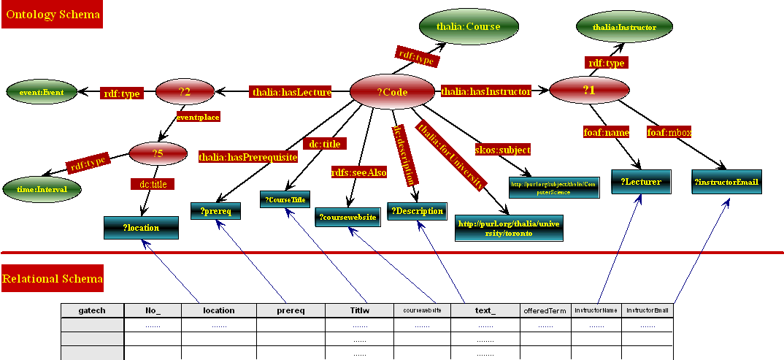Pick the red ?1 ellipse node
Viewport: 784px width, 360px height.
[589, 90]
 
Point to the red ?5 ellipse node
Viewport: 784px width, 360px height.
[158, 153]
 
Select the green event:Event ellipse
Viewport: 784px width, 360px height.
[42, 93]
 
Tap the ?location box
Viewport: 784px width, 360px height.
[142, 228]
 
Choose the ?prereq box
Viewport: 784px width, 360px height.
[215, 211]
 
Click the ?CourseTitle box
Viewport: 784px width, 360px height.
[285, 199]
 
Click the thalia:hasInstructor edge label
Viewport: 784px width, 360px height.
[485, 91]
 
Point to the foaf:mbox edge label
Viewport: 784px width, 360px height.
[669, 132]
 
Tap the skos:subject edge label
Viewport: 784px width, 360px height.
[502, 150]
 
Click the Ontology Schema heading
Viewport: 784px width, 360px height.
[51, 14]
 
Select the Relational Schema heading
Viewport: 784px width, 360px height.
[53, 278]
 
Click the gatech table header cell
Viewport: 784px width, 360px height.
[92, 310]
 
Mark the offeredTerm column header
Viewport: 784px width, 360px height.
[545, 311]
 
